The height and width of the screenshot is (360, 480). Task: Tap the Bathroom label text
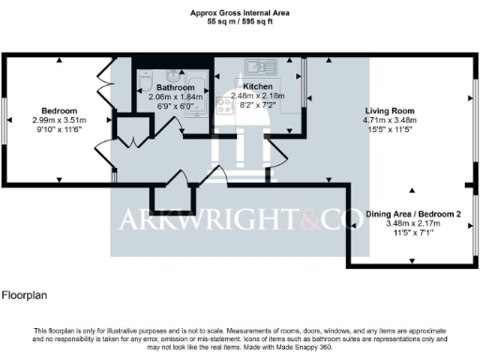pos(175,87)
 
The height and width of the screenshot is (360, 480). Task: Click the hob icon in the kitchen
pos(225,105)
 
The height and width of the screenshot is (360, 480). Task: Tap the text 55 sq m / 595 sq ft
pos(239,20)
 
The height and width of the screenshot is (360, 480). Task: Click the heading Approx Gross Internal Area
pos(239,12)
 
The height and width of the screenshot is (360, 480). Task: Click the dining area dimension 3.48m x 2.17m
pos(413,222)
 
